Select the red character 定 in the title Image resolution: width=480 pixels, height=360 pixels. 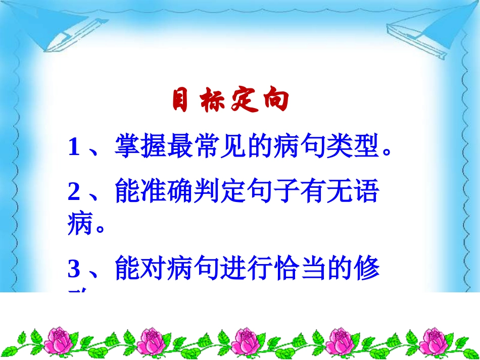tap(245, 101)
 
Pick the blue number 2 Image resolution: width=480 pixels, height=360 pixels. tap(74, 192)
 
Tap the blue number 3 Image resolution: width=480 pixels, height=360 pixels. tap(74, 269)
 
